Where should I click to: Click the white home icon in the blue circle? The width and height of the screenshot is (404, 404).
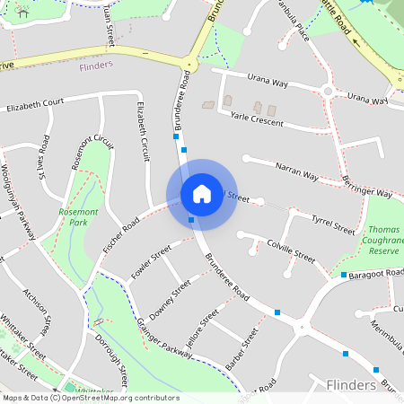[x=202, y=193]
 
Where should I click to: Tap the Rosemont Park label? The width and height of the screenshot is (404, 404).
[x=73, y=215]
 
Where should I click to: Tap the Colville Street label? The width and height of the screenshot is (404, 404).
[x=291, y=250]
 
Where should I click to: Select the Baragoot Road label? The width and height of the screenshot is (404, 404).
[x=376, y=270]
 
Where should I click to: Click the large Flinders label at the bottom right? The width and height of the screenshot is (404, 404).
[x=352, y=384]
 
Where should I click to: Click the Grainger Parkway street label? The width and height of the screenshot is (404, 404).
[x=165, y=339]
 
